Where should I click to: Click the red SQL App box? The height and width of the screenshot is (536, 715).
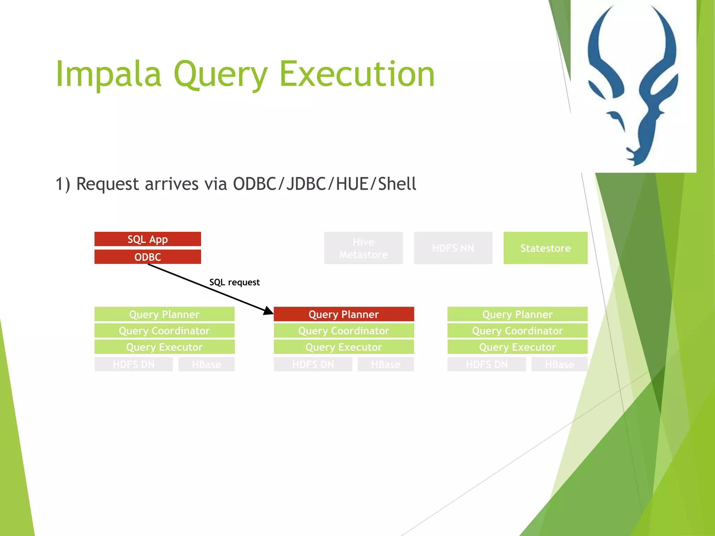[148, 239]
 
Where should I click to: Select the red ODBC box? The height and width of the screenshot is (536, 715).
[148, 257]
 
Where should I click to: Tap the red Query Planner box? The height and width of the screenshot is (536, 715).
[344, 314]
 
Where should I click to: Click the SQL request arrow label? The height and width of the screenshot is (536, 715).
[234, 282]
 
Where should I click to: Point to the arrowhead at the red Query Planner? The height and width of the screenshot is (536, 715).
[269, 311]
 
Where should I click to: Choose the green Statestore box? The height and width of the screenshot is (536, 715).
[545, 248]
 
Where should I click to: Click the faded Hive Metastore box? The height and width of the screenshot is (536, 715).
[363, 248]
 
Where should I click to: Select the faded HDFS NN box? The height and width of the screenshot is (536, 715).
[453, 248]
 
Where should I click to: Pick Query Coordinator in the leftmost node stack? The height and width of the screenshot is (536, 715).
[164, 330]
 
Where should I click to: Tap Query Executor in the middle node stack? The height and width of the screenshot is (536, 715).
[344, 347]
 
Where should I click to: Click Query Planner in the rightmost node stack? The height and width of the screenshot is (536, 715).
[517, 314]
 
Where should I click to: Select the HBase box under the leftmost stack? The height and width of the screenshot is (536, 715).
[206, 364]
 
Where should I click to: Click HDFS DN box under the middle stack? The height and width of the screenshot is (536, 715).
[313, 364]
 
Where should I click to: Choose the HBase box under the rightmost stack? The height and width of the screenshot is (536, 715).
[559, 364]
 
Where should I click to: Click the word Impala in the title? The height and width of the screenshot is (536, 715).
[109, 74]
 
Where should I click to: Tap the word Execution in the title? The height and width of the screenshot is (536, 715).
[357, 74]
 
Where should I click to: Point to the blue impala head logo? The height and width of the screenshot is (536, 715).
[633, 84]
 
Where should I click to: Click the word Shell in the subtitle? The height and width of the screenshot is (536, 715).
[397, 184]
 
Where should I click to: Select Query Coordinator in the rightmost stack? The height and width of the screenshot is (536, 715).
[517, 330]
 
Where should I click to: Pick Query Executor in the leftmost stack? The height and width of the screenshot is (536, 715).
[164, 347]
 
